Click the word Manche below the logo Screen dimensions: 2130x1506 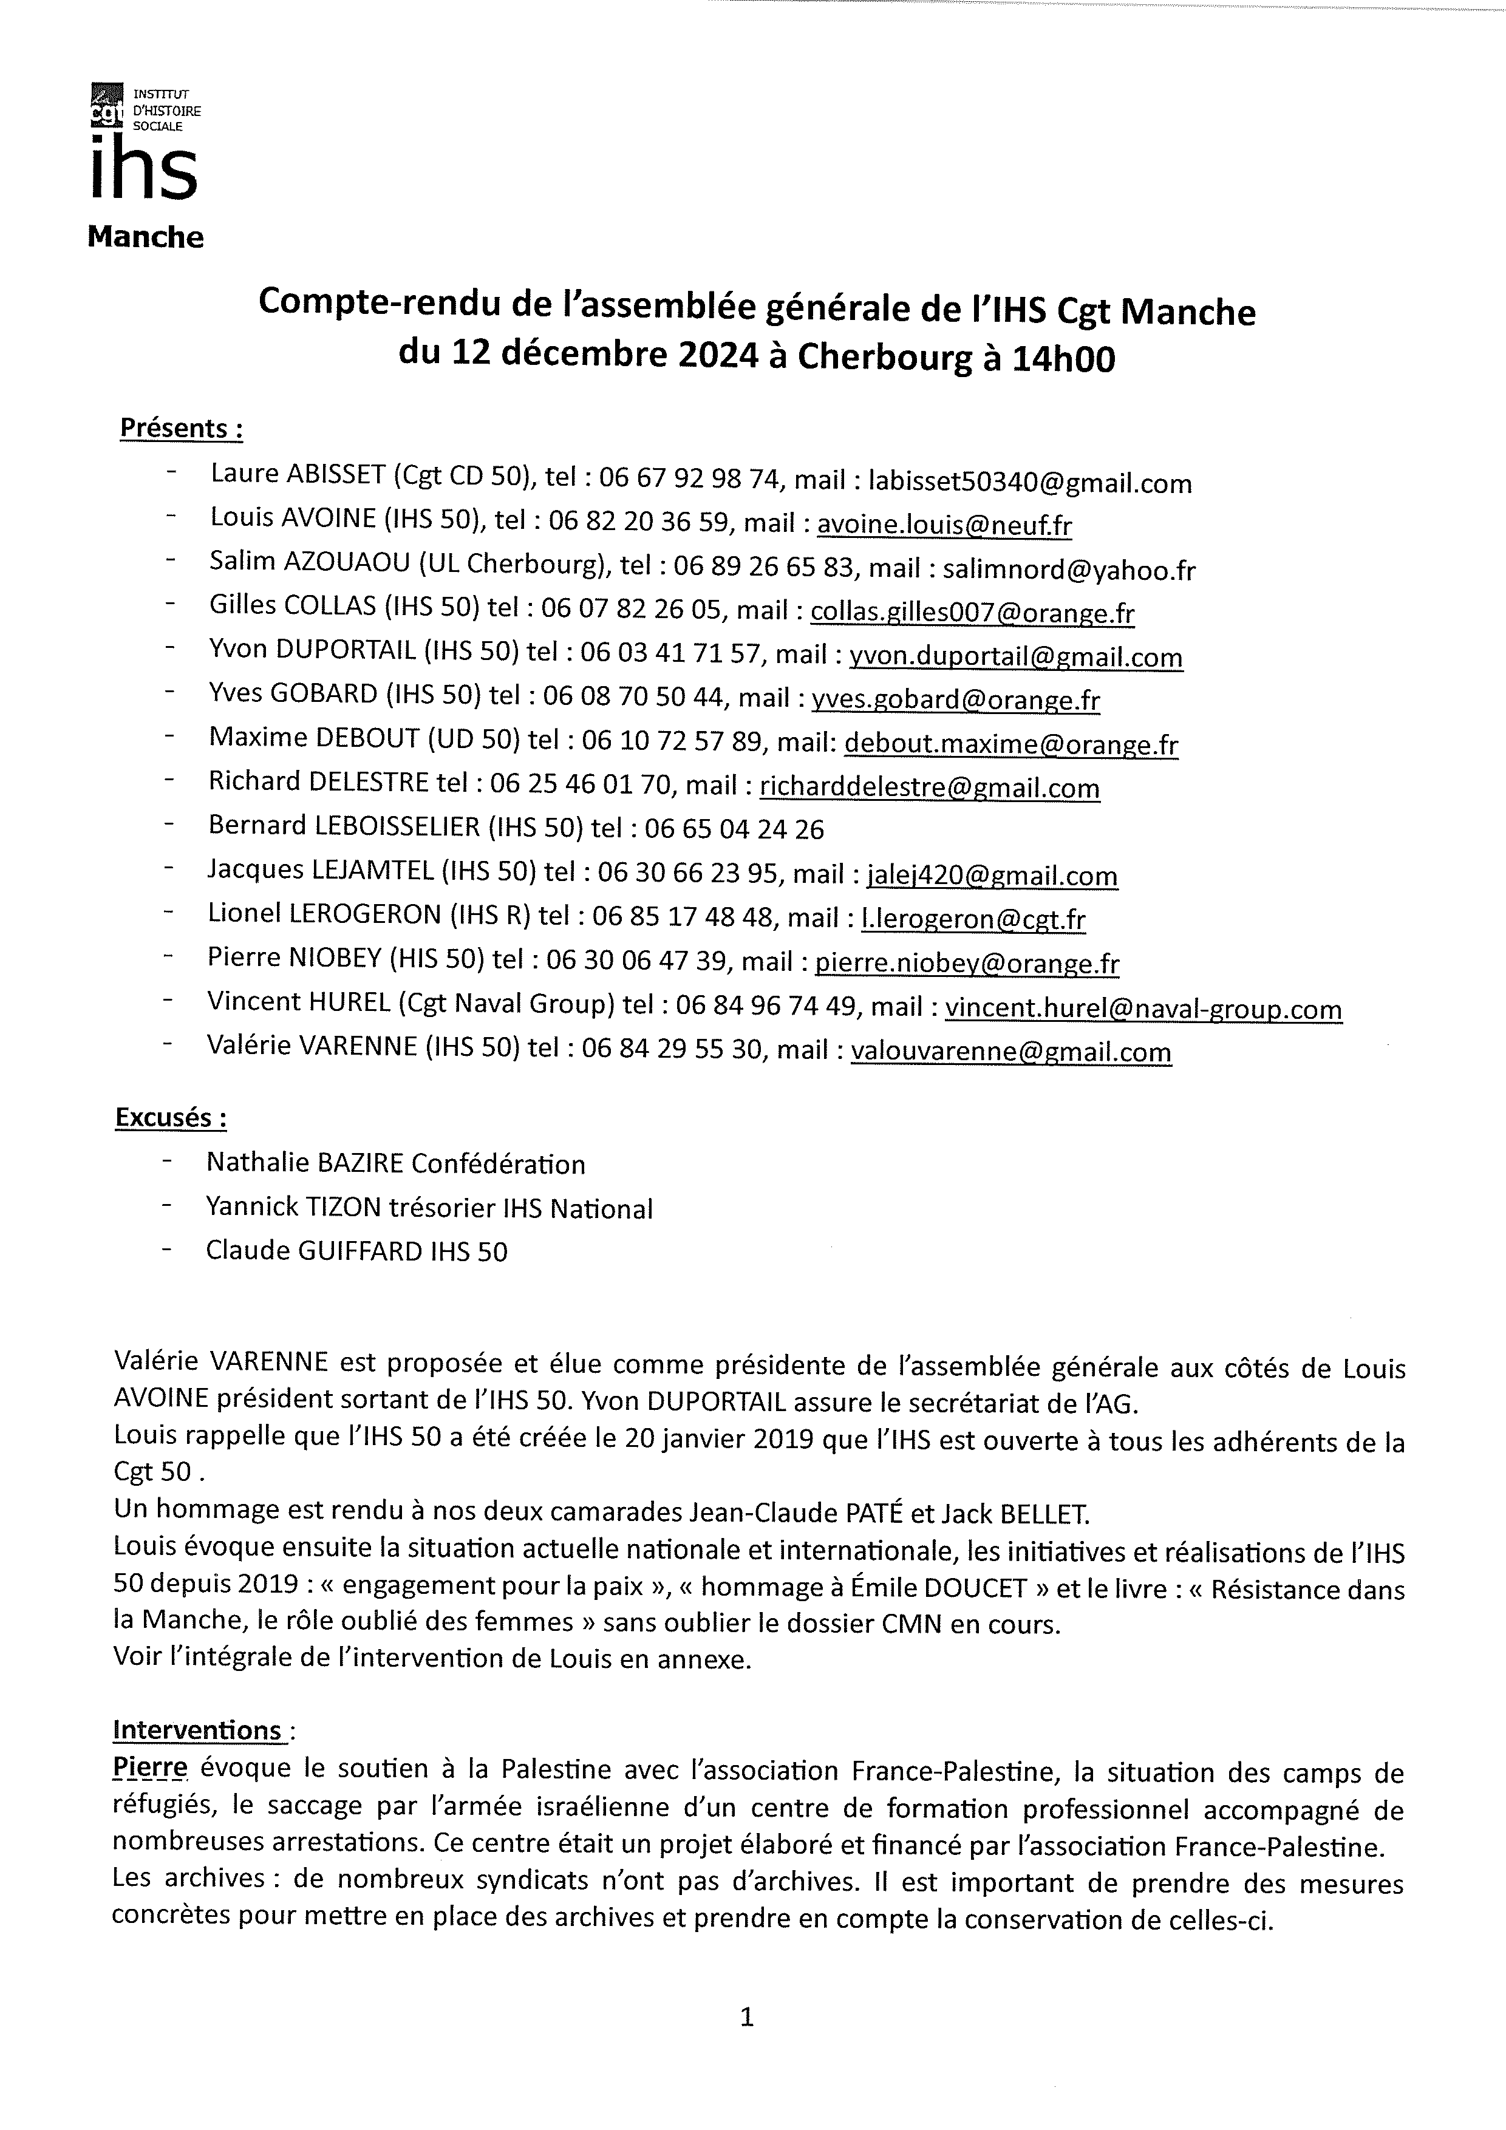pyautogui.click(x=146, y=237)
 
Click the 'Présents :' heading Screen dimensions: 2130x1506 pyautogui.click(x=182, y=429)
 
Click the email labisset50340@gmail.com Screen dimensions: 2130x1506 pyautogui.click(x=1029, y=482)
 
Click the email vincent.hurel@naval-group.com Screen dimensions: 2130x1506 pyautogui.click(x=1142, y=1009)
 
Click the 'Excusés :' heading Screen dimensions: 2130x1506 pyautogui.click(x=171, y=1118)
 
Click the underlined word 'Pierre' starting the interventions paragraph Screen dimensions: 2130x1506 pyautogui.click(x=149, y=1769)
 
